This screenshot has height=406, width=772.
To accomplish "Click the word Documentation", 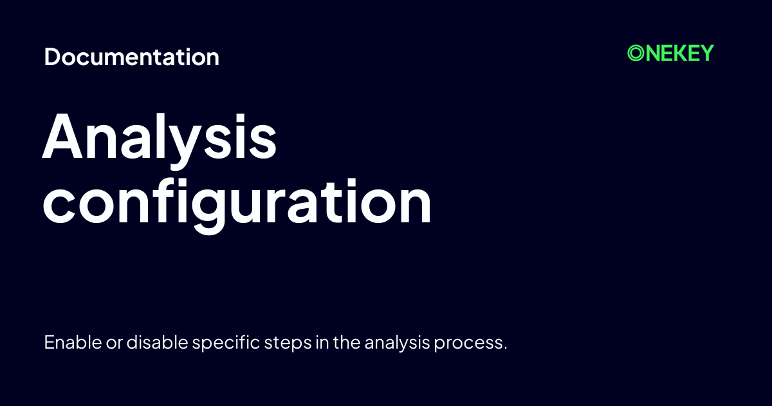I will (x=132, y=57).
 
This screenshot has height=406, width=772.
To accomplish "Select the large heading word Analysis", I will (x=160, y=139).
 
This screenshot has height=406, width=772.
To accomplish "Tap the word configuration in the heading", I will (x=237, y=203).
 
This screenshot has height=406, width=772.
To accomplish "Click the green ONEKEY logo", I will (x=670, y=53).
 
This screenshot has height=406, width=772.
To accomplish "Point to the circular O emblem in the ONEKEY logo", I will (x=636, y=53).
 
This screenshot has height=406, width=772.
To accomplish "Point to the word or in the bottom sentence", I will (x=113, y=342).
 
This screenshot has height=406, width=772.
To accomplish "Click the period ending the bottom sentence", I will (x=505, y=348).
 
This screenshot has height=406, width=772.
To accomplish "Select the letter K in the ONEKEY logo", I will (x=676, y=53).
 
